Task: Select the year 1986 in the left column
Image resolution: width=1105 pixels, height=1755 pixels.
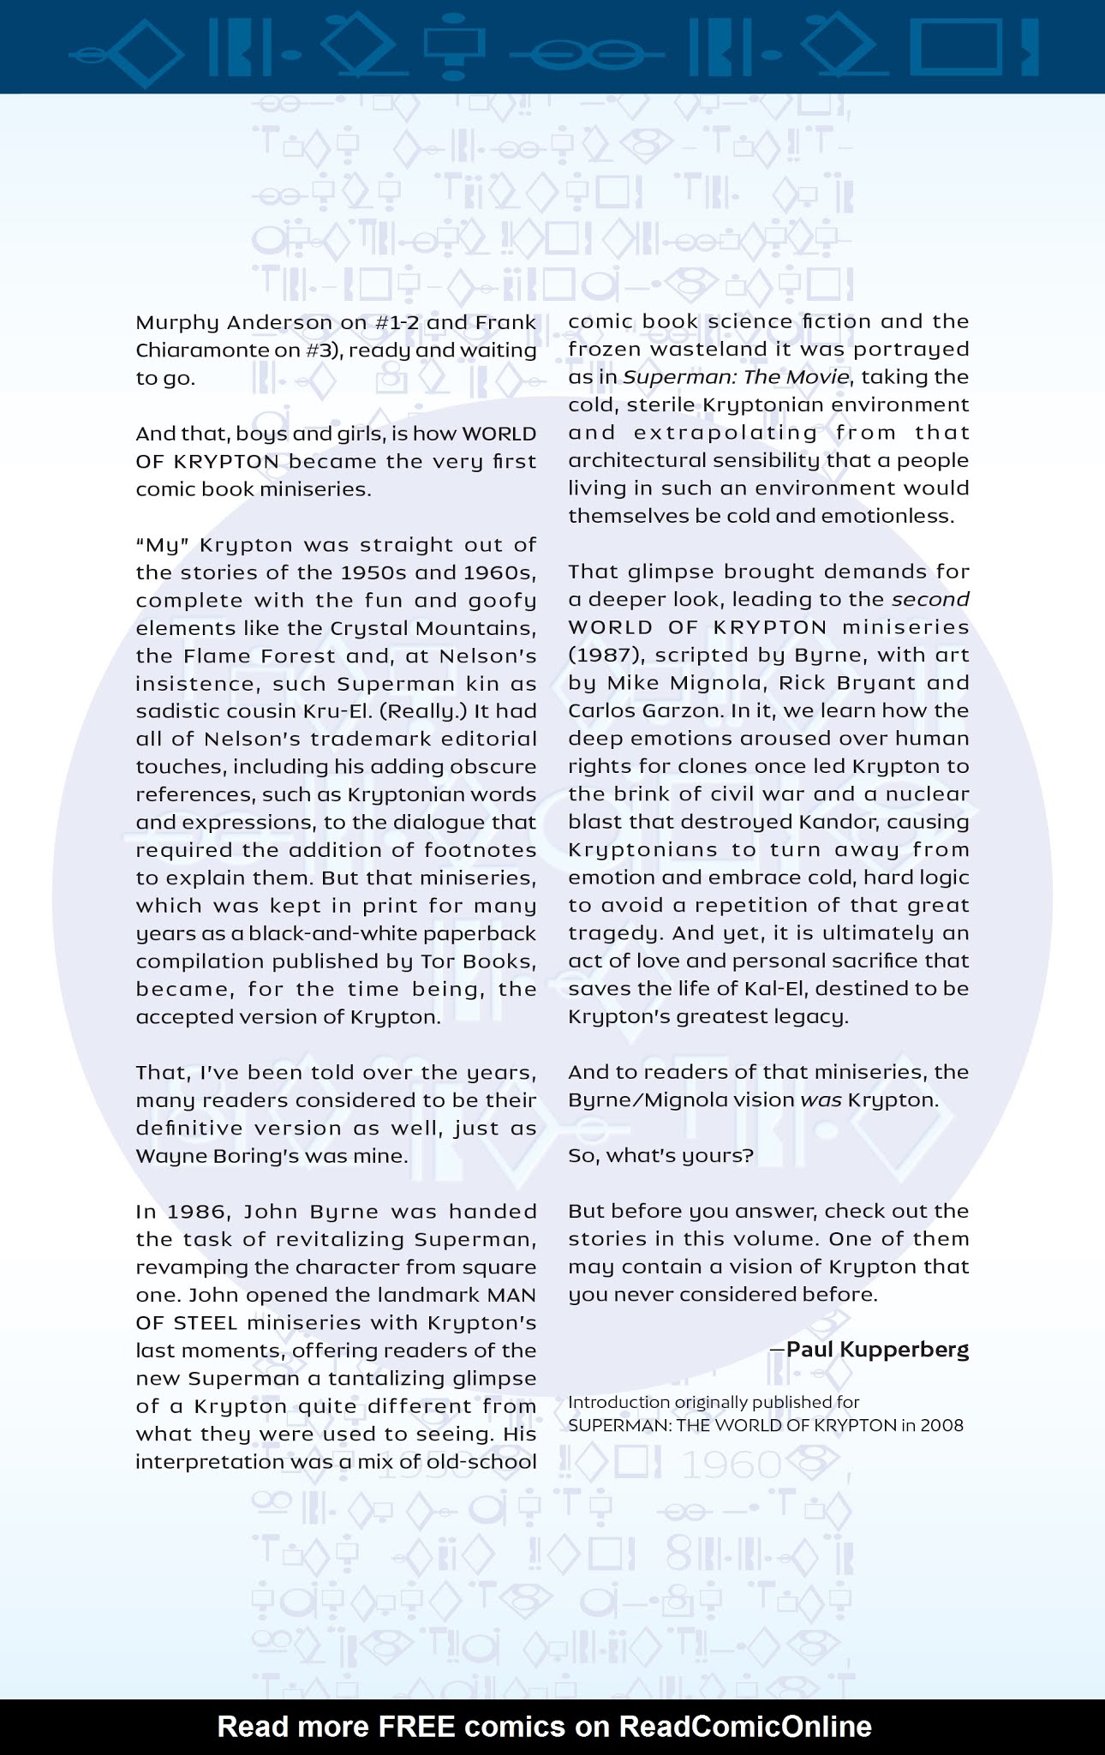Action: coord(200,1212)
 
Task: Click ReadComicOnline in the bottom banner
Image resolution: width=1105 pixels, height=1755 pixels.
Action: coord(744,1727)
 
